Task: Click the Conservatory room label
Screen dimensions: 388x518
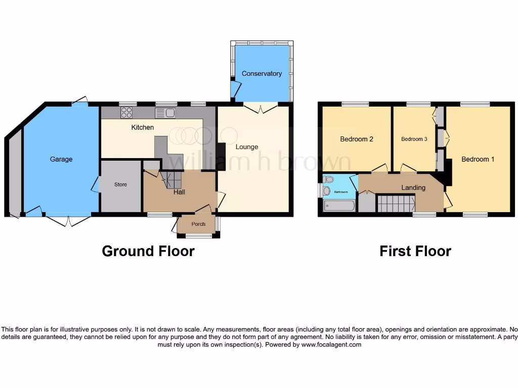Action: click(262, 74)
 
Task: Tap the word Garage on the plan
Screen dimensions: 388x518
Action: click(61, 159)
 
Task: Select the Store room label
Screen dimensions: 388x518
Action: click(120, 185)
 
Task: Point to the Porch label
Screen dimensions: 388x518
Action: click(198, 224)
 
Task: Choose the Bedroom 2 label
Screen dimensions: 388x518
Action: click(357, 139)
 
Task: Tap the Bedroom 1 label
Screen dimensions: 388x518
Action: click(478, 159)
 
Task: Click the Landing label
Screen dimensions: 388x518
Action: click(413, 187)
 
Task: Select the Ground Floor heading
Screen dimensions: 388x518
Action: click(148, 251)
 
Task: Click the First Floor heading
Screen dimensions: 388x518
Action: click(415, 251)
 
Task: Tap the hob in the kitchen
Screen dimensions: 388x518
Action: click(126, 113)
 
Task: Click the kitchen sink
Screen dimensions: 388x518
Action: click(165, 113)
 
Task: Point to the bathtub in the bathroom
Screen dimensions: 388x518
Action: click(339, 206)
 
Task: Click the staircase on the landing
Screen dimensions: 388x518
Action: click(396, 204)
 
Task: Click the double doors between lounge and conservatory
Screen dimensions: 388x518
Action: click(260, 106)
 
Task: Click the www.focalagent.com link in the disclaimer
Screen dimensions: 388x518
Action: click(331, 345)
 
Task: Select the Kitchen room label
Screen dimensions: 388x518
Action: click(143, 127)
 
